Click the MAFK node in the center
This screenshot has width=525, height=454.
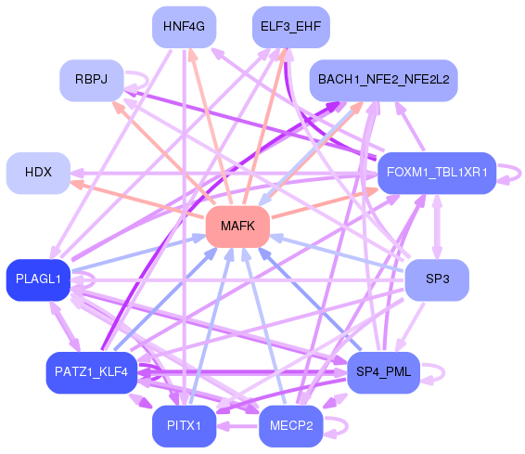point(237,227)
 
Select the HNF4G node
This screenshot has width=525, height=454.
point(185,27)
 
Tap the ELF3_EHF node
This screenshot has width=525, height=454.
point(291,27)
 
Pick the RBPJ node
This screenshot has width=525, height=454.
point(92,80)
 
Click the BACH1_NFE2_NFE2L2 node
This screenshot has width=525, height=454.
point(383,80)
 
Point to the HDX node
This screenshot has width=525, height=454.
point(38,173)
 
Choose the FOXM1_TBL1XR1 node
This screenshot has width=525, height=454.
point(437,173)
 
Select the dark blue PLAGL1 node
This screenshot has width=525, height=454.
point(38,279)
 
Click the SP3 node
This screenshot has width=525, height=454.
point(437,279)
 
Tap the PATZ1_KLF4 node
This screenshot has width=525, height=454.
point(92,372)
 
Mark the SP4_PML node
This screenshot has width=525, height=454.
point(383,372)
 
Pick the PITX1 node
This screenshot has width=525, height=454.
point(185,426)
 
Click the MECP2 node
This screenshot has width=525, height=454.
point(291,426)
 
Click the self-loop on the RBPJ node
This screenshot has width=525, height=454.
point(147,80)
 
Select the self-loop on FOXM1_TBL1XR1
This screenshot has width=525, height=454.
point(520,174)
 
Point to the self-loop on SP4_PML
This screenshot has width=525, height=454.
point(444,372)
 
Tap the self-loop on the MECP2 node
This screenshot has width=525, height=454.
point(348,426)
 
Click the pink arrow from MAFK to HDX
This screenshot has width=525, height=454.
point(137,199)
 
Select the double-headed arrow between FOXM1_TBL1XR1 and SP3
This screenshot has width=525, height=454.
point(437,227)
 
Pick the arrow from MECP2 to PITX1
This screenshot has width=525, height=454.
point(237,426)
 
